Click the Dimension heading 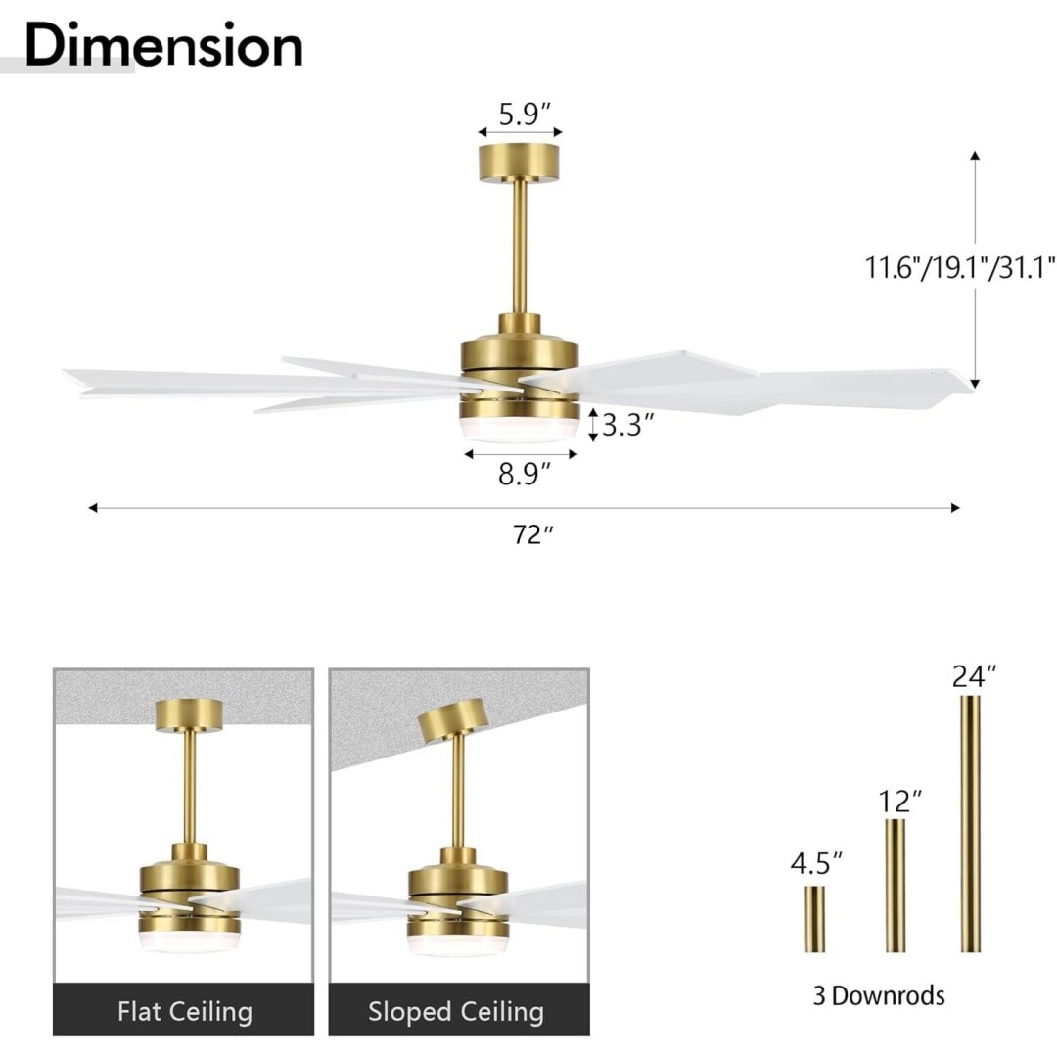163,45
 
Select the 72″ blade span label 533,534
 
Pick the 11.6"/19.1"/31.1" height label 960,267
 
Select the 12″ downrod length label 899,802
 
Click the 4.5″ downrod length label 816,863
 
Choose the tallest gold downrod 971,823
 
